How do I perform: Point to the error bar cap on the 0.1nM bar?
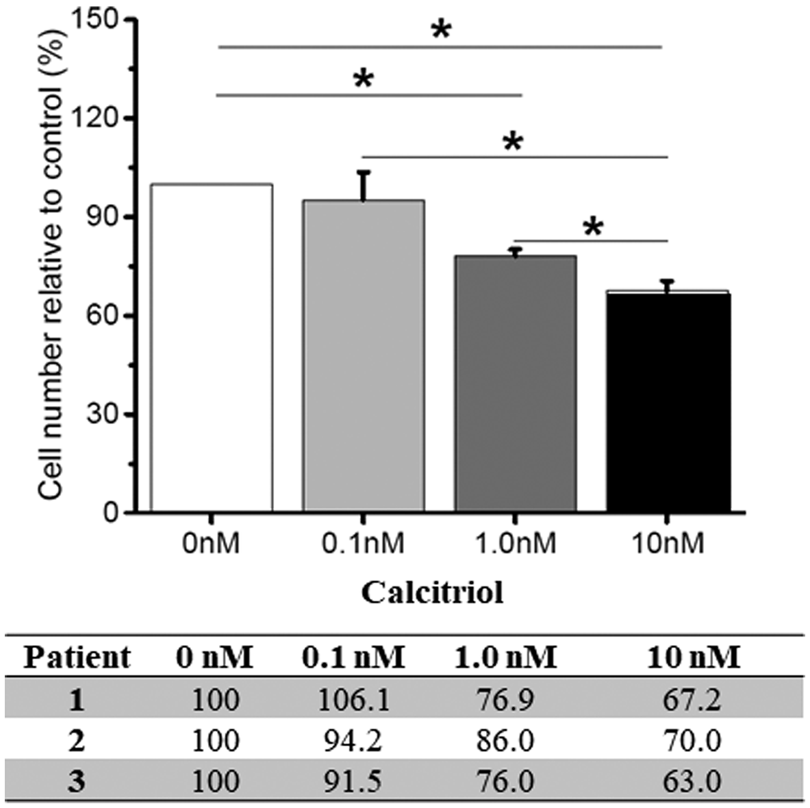click(364, 172)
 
